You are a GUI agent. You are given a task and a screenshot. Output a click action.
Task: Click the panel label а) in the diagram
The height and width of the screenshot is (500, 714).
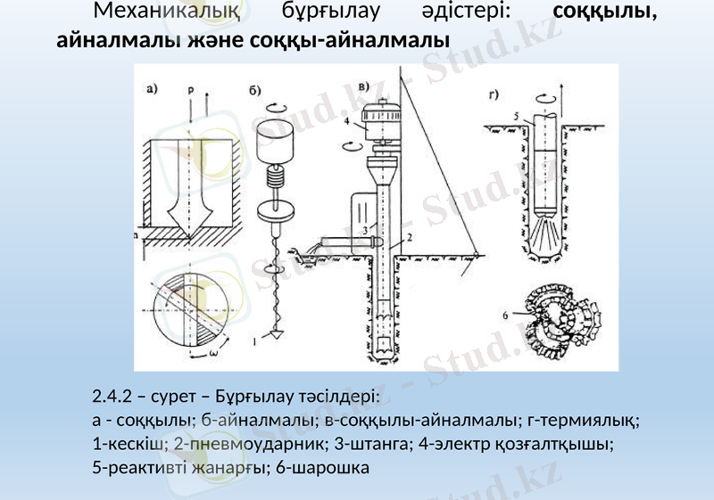click(153, 87)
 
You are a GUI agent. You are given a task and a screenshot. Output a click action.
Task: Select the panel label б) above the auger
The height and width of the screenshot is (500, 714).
click(255, 89)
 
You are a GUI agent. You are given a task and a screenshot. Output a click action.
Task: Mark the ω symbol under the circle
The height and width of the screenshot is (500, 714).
click(215, 351)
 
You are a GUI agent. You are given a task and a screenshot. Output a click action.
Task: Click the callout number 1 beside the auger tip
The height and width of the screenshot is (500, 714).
click(256, 340)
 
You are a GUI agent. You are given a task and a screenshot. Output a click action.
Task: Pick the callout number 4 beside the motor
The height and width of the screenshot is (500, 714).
click(346, 121)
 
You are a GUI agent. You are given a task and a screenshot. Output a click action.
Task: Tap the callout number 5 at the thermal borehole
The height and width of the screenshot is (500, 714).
click(517, 116)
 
